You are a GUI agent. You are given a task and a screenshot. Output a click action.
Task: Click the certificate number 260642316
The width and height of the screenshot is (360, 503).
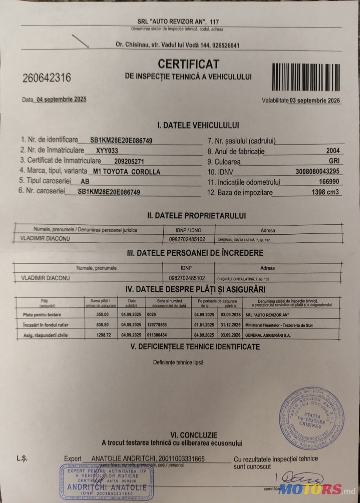[47, 78]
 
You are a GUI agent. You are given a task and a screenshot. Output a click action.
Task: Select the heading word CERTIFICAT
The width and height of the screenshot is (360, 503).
[188, 64]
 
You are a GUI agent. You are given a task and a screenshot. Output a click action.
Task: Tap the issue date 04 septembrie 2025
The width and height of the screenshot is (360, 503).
[61, 99]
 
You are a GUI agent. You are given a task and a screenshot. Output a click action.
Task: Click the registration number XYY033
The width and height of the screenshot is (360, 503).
[107, 151]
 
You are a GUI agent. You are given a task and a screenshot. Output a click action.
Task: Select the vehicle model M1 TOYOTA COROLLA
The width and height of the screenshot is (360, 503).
[125, 172]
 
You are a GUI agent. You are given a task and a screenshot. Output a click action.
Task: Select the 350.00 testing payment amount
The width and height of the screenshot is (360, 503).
[102, 315]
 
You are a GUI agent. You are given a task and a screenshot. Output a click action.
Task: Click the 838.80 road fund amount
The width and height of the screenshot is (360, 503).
[102, 325]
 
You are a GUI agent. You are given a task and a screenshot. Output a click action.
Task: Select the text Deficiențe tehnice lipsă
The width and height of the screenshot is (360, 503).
[178, 362]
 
